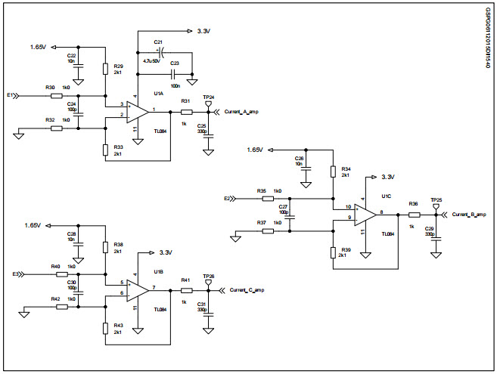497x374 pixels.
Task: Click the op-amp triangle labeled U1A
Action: coord(137,112)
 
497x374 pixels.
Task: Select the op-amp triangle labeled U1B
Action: coord(137,289)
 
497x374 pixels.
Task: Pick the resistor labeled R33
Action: coord(106,150)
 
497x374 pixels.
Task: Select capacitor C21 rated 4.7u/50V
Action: coord(160,52)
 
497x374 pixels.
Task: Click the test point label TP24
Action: coord(210,97)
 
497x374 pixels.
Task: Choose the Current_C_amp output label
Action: coord(247,290)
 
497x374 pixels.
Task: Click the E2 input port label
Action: coord(227,199)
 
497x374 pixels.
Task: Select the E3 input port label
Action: coord(16,274)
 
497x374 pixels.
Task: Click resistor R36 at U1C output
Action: coord(413,215)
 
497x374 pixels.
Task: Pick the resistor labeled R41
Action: coord(186,290)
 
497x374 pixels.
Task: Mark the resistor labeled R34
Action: coord(333,172)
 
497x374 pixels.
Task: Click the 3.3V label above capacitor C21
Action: coord(203,32)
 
